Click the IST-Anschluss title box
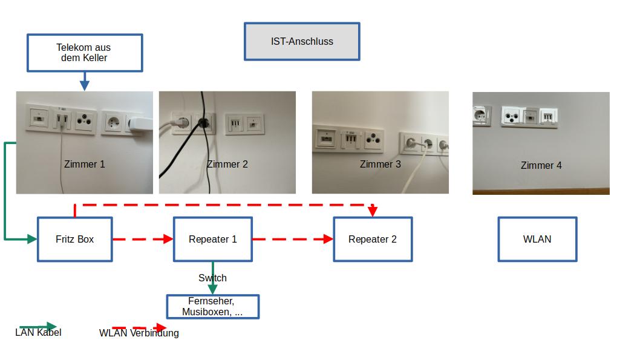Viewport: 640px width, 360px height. (x=302, y=42)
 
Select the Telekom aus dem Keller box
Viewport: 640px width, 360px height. (x=84, y=53)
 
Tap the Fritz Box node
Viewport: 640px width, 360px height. (x=75, y=239)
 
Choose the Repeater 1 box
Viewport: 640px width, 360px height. (x=212, y=239)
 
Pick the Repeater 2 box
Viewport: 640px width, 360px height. (x=373, y=239)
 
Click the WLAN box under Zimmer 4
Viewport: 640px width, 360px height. (x=537, y=239)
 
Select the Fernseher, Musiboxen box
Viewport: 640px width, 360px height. (x=212, y=307)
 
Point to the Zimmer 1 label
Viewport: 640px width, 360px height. (x=85, y=164)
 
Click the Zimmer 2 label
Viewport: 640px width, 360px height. (x=227, y=164)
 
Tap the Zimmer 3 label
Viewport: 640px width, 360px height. (x=380, y=164)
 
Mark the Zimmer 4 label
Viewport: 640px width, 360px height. (x=541, y=165)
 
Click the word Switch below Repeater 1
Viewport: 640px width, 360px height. (x=212, y=278)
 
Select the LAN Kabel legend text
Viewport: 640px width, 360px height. (x=38, y=332)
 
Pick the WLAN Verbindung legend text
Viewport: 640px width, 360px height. (x=139, y=333)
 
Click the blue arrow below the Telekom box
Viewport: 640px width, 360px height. (x=85, y=81)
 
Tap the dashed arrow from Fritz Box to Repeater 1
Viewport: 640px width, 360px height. (x=143, y=239)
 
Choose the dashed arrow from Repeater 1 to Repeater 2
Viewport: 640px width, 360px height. (x=293, y=239)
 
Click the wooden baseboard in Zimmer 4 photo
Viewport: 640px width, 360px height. (x=541, y=191)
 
